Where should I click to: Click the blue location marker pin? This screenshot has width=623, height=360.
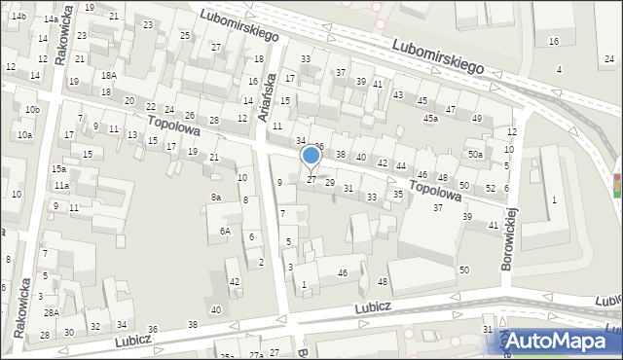(311, 156)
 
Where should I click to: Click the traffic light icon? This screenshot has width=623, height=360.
(616, 185)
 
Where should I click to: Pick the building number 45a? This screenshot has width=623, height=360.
(430, 118)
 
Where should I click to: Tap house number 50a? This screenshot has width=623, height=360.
(475, 155)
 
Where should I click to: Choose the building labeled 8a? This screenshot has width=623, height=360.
(216, 197)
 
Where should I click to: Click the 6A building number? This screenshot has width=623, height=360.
(225, 231)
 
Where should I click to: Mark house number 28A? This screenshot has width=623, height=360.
(51, 312)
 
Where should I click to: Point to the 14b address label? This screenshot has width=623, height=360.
(18, 18)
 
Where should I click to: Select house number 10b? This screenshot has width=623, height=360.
(32, 109)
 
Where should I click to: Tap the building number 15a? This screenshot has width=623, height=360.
(58, 168)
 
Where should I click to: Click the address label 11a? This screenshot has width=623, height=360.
(61, 185)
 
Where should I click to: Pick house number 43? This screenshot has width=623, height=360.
(398, 93)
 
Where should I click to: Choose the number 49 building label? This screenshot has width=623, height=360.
(476, 118)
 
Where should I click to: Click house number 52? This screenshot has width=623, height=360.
(491, 188)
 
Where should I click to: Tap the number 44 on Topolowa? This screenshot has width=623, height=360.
(401, 166)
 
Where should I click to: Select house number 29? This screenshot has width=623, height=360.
(330, 183)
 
